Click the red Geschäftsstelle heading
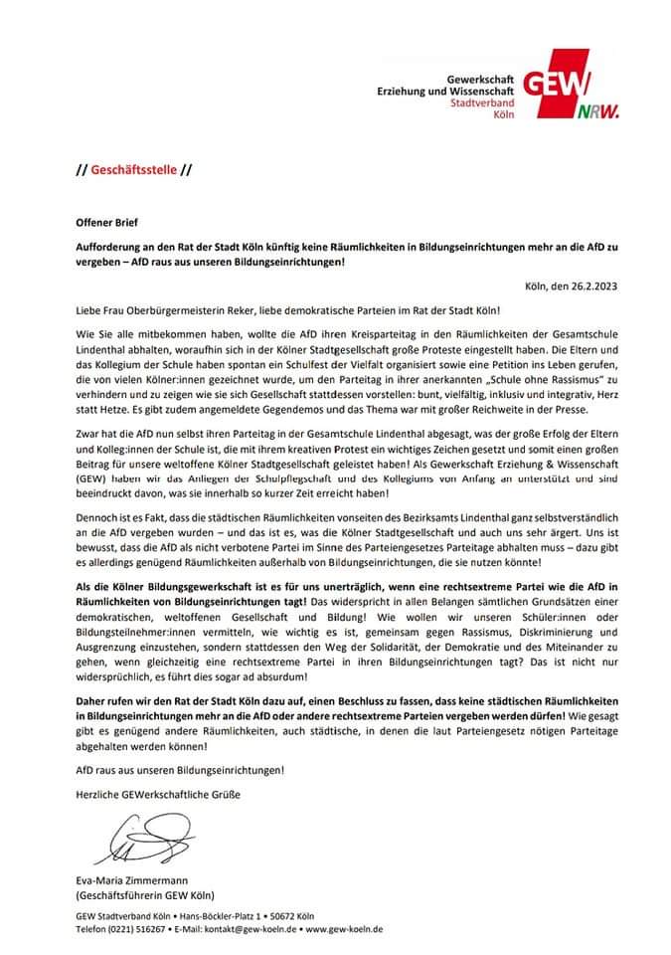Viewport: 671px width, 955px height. pyautogui.click(x=134, y=169)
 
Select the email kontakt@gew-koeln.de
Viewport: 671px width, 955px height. pyautogui.click(x=237, y=928)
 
